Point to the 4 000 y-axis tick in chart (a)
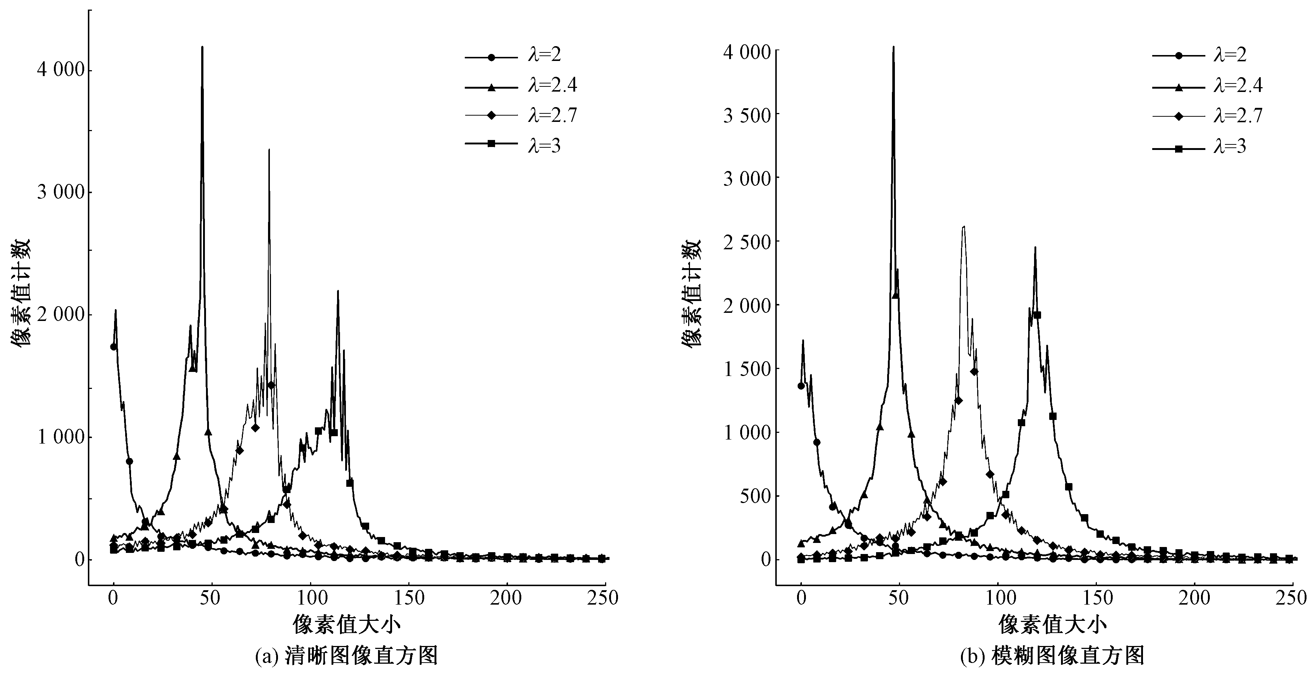60,70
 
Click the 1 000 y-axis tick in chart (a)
60,437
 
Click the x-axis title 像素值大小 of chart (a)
346,624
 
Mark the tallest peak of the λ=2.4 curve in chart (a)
202,47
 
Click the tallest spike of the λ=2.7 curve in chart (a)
269,149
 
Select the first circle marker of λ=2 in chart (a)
114,347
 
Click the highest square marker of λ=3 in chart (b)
1037,315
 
